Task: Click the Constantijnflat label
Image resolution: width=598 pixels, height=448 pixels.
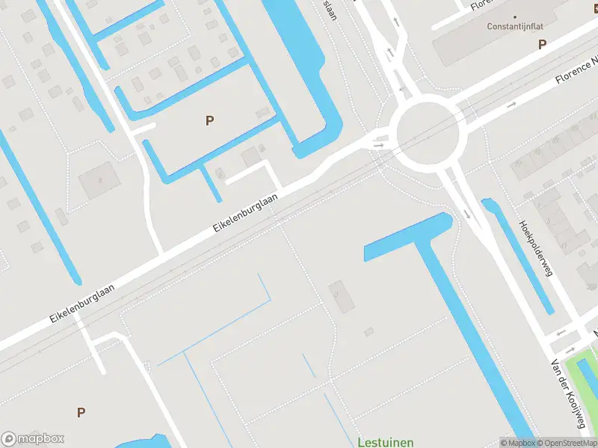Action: point(514,26)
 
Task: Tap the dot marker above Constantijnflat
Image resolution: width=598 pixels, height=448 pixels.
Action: point(514,16)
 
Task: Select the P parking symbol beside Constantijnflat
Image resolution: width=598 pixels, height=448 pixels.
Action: point(542,45)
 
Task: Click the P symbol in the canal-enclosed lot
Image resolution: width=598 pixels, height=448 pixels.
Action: point(209,119)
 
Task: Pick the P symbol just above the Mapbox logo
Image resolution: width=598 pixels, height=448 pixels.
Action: point(81,411)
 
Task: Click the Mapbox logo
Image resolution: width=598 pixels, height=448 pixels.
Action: point(33,439)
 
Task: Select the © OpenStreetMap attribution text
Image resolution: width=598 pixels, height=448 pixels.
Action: point(566,443)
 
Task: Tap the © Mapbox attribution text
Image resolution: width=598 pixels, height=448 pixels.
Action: point(516,443)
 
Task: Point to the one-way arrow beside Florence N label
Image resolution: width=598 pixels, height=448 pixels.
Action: point(511,105)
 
